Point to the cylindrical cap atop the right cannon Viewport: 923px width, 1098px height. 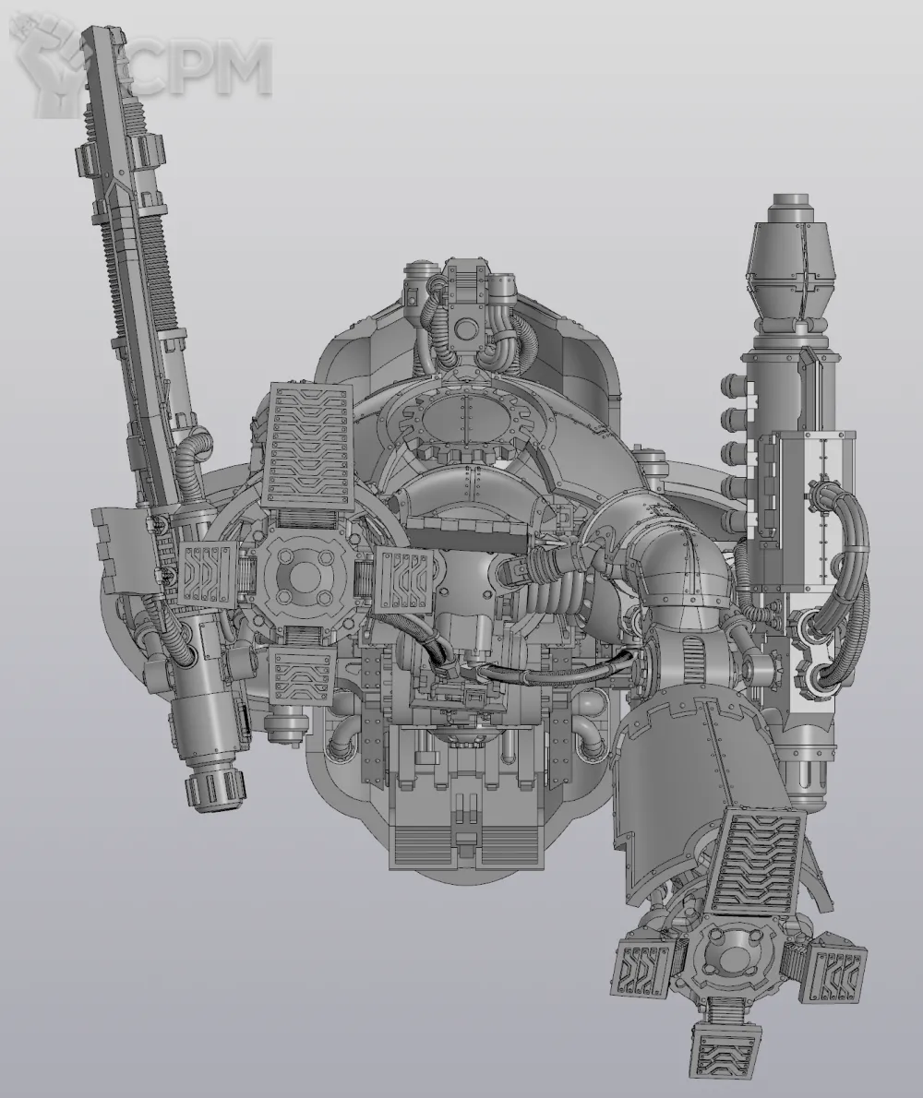[794, 208]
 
